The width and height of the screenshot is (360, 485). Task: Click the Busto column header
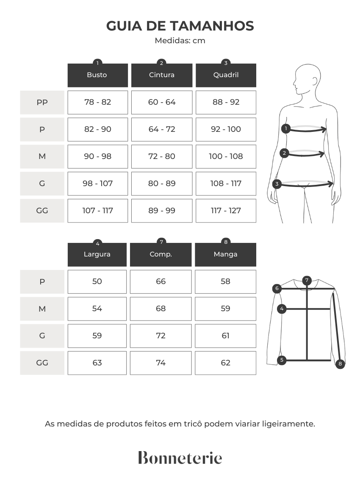tap(98, 75)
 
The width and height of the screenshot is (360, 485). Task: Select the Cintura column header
tap(162, 75)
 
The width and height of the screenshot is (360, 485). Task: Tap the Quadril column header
tap(226, 75)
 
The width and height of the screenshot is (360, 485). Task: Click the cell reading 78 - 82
tap(98, 102)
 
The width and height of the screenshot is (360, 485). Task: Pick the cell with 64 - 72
tap(162, 129)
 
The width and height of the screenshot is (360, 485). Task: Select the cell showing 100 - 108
tap(226, 156)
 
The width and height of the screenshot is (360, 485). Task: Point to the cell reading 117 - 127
tap(226, 211)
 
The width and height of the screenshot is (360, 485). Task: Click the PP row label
tap(42, 102)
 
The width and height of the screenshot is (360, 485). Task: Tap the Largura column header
tap(97, 254)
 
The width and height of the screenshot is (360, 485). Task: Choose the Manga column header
tap(226, 254)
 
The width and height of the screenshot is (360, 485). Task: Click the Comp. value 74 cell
tap(161, 363)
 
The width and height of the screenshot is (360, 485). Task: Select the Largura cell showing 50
tap(97, 282)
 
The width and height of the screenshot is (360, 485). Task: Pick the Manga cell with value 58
tap(226, 282)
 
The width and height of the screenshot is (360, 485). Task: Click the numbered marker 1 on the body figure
tap(286, 128)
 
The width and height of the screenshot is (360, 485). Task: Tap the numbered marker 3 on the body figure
tap(277, 184)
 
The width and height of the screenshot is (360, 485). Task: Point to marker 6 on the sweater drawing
tap(277, 288)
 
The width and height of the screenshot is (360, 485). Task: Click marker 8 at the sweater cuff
tap(340, 364)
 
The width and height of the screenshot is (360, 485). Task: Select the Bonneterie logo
tap(180, 457)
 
